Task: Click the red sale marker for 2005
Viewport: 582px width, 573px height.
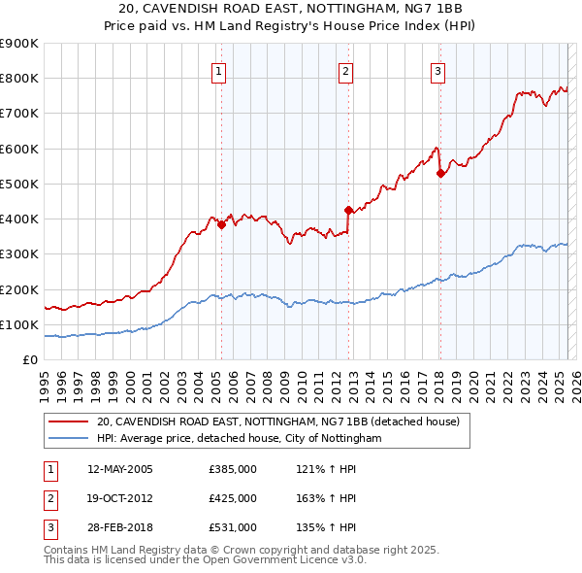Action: (x=221, y=224)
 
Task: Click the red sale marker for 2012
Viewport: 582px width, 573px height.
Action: (x=348, y=210)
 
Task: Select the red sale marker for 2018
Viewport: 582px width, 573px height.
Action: (x=440, y=173)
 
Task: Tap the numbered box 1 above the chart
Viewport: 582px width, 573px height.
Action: (x=218, y=71)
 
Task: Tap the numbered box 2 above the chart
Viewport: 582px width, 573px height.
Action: (x=345, y=71)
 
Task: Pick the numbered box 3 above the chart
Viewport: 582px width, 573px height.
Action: (x=437, y=71)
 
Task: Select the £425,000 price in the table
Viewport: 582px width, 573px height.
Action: (x=233, y=498)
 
